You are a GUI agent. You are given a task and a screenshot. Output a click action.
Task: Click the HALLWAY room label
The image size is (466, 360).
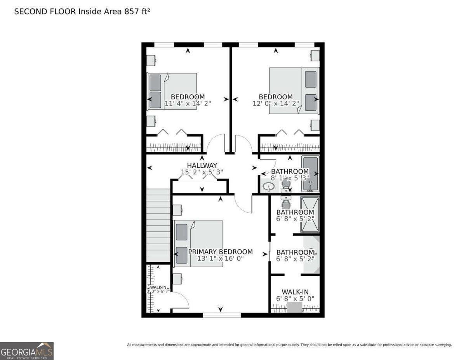202,165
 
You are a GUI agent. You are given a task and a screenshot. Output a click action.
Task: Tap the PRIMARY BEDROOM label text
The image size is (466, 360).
220,252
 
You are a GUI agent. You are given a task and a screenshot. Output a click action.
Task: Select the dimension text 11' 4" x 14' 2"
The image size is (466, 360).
188,104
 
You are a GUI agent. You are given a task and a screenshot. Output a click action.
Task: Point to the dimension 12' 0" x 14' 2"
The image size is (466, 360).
276,104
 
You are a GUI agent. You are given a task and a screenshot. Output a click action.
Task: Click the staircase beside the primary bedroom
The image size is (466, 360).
158,226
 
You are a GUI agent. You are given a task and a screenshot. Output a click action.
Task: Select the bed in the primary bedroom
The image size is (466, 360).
198,244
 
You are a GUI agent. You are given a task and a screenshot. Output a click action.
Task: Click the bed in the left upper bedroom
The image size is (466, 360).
172,91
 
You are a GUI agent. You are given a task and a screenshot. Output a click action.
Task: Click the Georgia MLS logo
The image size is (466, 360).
27,351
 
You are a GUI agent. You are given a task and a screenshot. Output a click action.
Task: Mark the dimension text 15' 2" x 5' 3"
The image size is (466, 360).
202,172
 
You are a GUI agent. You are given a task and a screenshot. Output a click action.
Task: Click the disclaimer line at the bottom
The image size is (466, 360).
289,345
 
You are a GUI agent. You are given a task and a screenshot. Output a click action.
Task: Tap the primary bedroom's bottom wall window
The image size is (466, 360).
222,315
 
